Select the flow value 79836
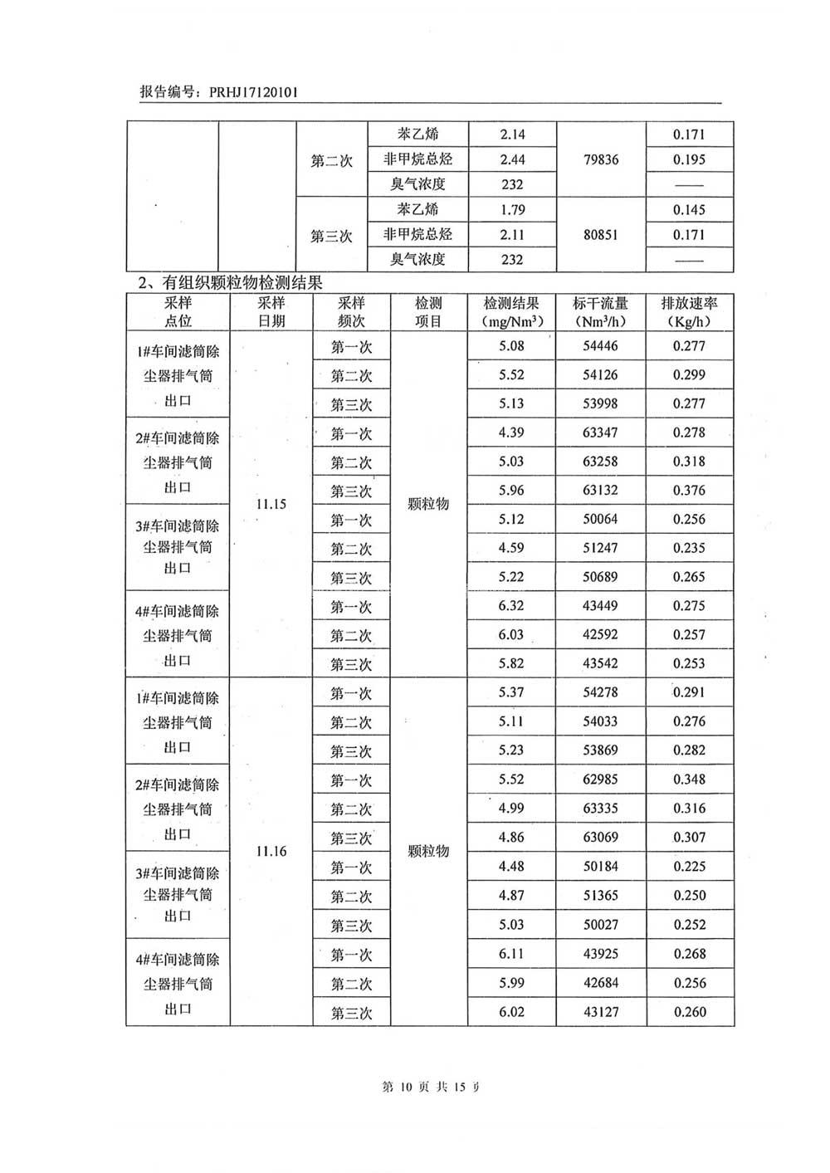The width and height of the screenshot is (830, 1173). point(601,159)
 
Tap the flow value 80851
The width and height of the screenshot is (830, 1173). point(601,235)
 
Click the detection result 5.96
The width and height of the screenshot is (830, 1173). point(511,491)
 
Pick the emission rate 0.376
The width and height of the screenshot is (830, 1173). point(689,491)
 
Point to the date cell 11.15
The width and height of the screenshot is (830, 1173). point(271,504)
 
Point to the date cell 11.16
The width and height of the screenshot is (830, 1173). point(271,852)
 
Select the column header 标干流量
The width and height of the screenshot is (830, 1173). point(601,304)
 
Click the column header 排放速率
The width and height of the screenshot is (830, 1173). point(689,304)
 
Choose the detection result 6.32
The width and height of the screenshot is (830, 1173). point(511,606)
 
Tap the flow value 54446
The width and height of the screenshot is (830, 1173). point(601,346)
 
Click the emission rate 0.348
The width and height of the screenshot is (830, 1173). point(689,780)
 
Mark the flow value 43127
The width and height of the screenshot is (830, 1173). point(601,1012)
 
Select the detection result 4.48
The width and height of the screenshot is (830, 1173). point(511,867)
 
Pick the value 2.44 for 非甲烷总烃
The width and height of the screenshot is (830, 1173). point(513,159)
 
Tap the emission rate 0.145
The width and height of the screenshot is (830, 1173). point(689,210)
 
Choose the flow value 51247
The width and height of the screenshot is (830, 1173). point(601,548)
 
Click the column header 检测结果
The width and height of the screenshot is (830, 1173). point(511,304)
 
